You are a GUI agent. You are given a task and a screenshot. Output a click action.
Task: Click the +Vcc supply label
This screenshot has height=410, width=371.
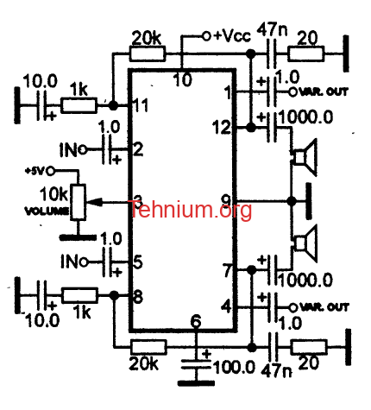[x=232, y=36]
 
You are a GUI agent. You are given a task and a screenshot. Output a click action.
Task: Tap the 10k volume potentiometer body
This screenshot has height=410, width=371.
[x=79, y=203]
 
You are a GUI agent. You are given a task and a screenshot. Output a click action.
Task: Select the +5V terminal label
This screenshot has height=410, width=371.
[x=35, y=171]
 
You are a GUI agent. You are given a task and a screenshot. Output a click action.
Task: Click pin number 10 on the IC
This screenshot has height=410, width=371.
[x=183, y=79]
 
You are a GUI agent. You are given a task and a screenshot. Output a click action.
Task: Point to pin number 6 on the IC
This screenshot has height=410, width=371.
[x=196, y=322]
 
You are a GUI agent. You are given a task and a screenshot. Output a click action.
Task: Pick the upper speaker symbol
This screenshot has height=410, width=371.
[x=305, y=157]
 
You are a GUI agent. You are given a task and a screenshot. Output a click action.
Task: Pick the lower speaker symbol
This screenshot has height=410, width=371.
[x=305, y=243]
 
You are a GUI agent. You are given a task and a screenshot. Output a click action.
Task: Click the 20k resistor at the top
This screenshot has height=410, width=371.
[x=148, y=54]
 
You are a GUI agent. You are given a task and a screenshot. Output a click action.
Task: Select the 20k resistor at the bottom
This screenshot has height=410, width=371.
[x=148, y=347]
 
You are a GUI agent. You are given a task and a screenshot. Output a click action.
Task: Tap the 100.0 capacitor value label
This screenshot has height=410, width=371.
[x=235, y=368]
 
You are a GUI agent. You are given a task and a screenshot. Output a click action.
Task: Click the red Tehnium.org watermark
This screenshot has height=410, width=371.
[x=192, y=208]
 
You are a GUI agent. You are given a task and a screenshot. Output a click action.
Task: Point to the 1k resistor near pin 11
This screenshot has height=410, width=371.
[x=79, y=105]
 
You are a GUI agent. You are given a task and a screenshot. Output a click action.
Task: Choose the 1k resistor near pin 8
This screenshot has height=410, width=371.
[x=79, y=295]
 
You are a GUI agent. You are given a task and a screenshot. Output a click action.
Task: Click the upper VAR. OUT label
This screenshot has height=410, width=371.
[x=324, y=92]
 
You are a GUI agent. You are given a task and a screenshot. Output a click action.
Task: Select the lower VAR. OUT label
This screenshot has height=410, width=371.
[x=324, y=307]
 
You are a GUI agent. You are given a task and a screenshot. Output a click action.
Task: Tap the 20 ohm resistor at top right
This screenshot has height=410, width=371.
[x=305, y=54]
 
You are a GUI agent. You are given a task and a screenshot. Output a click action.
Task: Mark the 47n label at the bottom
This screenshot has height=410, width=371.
[x=276, y=371]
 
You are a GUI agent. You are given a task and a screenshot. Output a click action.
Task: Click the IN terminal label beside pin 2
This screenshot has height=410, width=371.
[x=68, y=150]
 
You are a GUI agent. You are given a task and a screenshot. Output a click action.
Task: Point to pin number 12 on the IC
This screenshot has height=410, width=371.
[x=222, y=127]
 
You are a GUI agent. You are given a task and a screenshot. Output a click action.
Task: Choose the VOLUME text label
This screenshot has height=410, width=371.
[x=47, y=211]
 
